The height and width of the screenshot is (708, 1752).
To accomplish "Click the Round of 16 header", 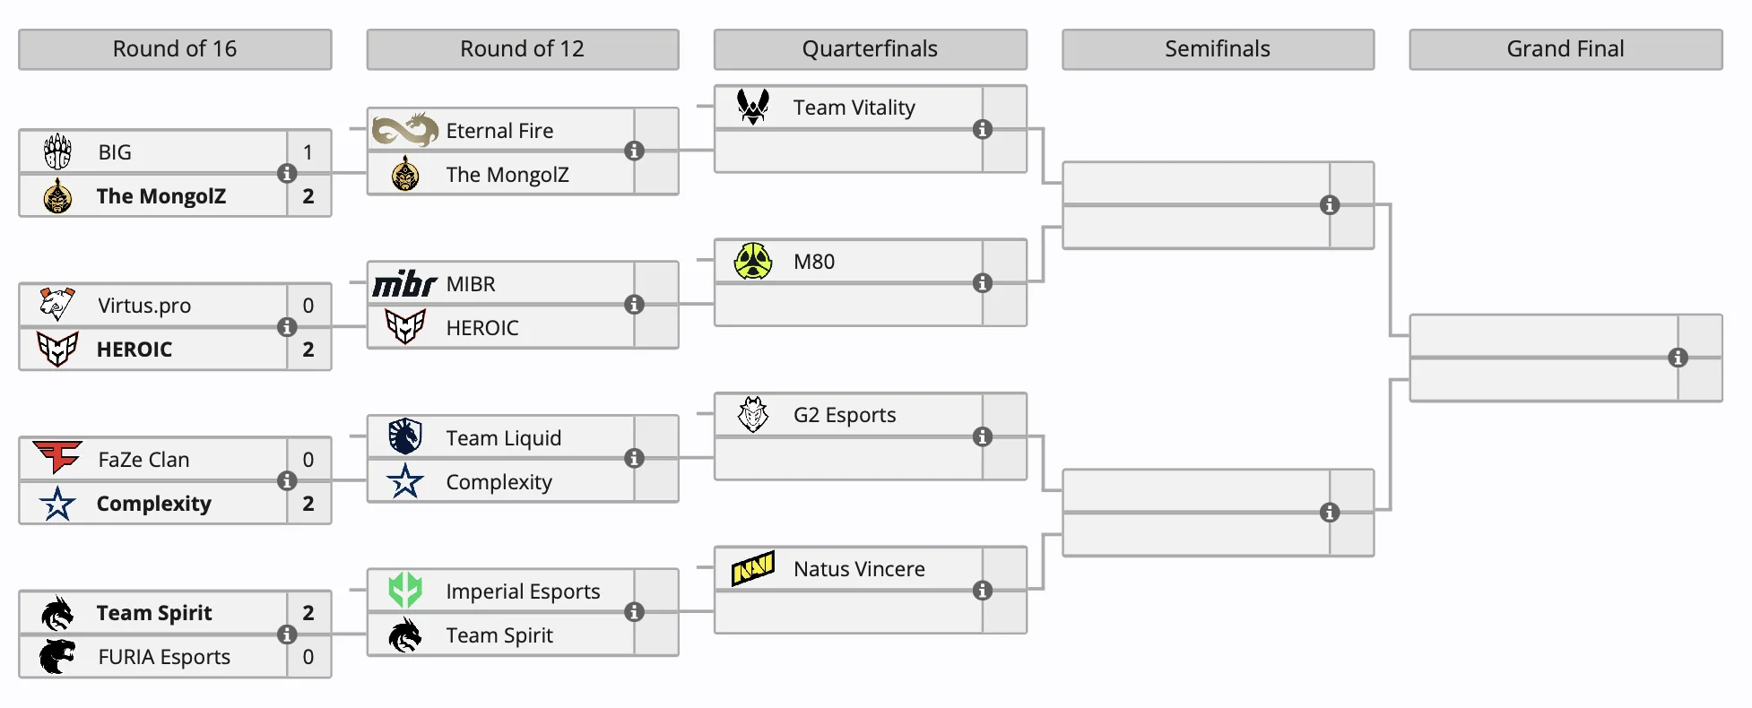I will pyautogui.click(x=175, y=49).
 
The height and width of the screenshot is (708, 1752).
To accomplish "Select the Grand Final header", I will pyautogui.click(x=1565, y=49).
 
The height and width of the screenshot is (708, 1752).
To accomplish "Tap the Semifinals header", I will pyautogui.click(x=1217, y=49).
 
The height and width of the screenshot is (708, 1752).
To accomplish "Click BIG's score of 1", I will pyautogui.click(x=308, y=152).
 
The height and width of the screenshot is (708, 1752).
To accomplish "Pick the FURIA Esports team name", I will pyautogui.click(x=164, y=657).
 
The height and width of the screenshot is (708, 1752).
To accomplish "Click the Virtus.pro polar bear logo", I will pyautogui.click(x=57, y=305).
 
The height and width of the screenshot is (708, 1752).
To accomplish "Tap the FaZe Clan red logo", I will pyautogui.click(x=57, y=457).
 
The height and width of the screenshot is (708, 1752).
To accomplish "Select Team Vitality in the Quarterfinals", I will pyautogui.click(x=854, y=108).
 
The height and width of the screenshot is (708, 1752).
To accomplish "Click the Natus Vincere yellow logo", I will pyautogui.click(x=753, y=568).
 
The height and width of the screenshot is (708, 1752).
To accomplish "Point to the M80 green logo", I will pyautogui.click(x=753, y=261).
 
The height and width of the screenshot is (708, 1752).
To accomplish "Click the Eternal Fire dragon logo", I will pyautogui.click(x=405, y=130).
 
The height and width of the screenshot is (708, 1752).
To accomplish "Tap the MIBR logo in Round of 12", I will pyautogui.click(x=404, y=284).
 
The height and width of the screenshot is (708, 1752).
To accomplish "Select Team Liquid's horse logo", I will pyautogui.click(x=405, y=436).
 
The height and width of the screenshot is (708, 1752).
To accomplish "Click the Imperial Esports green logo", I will pyautogui.click(x=405, y=590).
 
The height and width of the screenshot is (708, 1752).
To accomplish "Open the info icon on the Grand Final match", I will pyautogui.click(x=1678, y=358).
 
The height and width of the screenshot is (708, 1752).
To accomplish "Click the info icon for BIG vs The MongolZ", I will pyautogui.click(x=287, y=174).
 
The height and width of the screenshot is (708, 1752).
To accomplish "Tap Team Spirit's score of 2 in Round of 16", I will pyautogui.click(x=308, y=613).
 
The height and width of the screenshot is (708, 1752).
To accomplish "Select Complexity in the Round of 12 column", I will pyautogui.click(x=499, y=482).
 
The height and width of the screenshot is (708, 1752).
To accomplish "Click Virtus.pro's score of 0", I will pyautogui.click(x=308, y=306).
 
